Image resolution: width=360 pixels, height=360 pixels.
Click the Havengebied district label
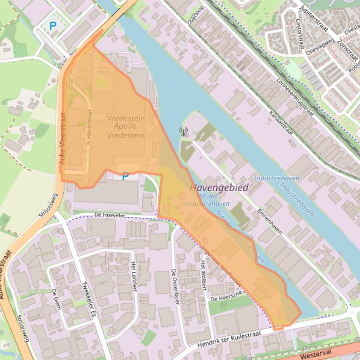[x=220, y=187]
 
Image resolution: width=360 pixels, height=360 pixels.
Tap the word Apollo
[x=125, y=126]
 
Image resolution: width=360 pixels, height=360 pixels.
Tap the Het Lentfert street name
[x=135, y=276]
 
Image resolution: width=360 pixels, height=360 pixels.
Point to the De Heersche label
[x=226, y=297]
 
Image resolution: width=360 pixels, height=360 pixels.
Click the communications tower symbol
[x=184, y=132]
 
